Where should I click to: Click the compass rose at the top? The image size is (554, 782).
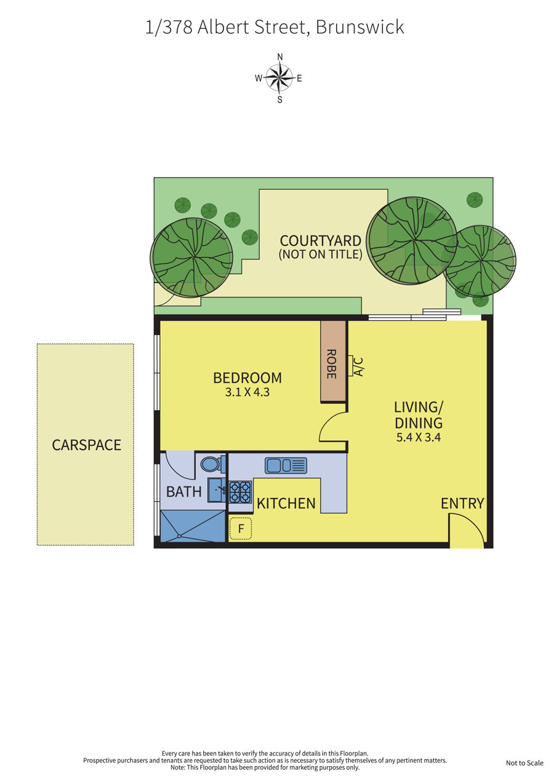(x=279, y=78)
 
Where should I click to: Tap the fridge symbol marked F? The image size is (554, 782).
(x=241, y=528)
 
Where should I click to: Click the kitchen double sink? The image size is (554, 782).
(x=286, y=465)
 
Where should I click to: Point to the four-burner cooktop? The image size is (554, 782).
(x=240, y=492)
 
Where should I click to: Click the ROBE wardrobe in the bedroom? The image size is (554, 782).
(x=333, y=361)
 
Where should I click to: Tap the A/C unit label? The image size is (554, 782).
(x=359, y=366)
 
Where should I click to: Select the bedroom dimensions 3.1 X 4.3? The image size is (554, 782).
(x=247, y=392)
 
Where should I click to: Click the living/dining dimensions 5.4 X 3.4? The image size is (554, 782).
(x=419, y=437)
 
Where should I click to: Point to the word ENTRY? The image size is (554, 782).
(x=462, y=504)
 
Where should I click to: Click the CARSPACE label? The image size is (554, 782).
(x=86, y=445)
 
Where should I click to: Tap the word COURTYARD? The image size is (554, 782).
(x=321, y=241)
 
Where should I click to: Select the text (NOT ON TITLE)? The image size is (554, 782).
(x=320, y=254)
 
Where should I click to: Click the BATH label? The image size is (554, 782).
(x=184, y=492)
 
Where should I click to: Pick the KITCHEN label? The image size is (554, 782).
(x=286, y=504)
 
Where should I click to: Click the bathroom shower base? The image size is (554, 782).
(x=193, y=526)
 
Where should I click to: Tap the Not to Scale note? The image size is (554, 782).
(x=524, y=763)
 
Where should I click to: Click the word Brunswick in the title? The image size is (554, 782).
(x=359, y=27)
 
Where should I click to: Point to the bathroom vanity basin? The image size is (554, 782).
(x=217, y=490)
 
